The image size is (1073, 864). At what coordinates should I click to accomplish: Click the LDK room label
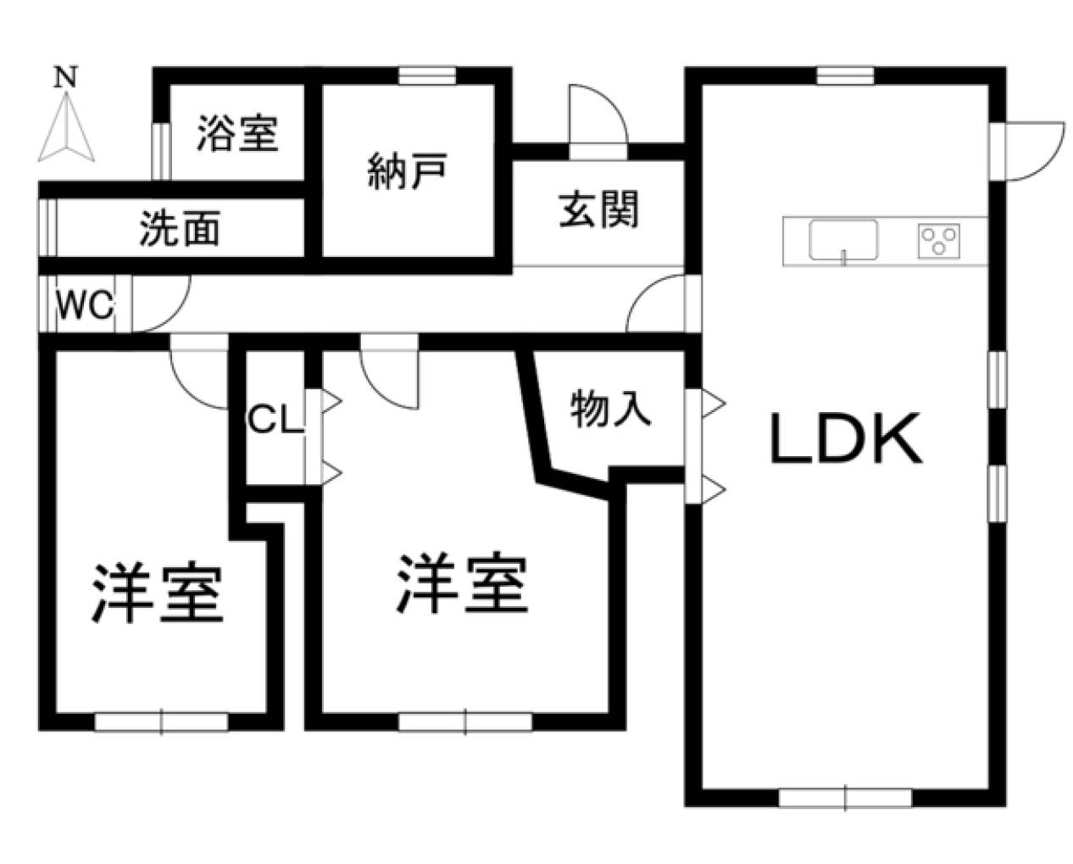click(846, 439)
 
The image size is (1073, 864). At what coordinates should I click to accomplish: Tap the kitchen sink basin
click(843, 240)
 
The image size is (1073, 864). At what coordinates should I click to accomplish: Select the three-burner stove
click(939, 241)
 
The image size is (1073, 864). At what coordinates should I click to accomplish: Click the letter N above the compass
click(66, 78)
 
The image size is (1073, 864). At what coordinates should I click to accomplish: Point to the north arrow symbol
click(66, 128)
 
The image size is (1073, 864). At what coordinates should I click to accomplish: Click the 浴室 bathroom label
click(237, 133)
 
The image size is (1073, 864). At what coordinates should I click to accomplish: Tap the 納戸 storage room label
click(407, 171)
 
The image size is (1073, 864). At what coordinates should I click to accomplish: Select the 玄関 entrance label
click(598, 210)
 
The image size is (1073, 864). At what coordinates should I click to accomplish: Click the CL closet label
click(275, 420)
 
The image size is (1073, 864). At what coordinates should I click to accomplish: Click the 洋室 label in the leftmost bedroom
click(157, 594)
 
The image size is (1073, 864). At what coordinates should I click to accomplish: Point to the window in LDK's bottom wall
click(845, 798)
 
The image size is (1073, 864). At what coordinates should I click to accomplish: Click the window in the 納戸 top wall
click(427, 75)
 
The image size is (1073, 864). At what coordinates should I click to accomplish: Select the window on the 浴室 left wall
click(161, 151)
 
